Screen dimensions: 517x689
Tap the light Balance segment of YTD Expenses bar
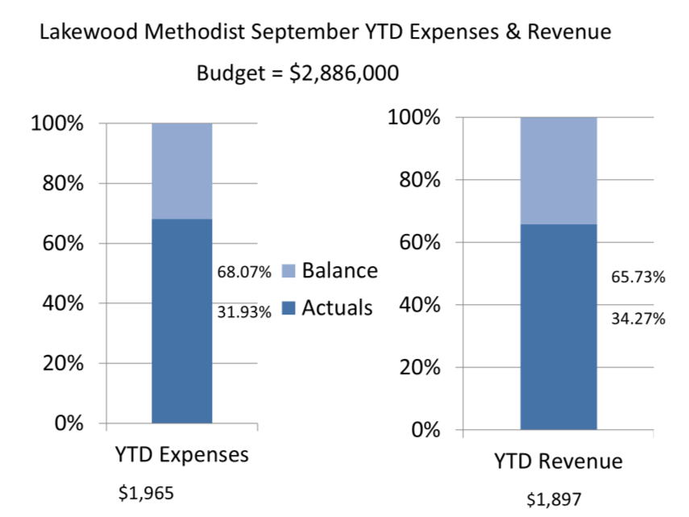pos(182,171)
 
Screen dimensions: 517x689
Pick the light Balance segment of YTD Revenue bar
pos(558,170)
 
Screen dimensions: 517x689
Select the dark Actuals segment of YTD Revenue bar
pos(558,327)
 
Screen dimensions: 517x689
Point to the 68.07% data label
pos(244,272)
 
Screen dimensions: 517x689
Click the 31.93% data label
pos(244,312)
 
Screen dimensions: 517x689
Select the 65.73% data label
pos(638,277)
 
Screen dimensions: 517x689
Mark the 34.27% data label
pos(638,319)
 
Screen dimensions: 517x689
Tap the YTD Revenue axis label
pos(558,461)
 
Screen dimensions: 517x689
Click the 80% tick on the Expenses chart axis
pos(57,183)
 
